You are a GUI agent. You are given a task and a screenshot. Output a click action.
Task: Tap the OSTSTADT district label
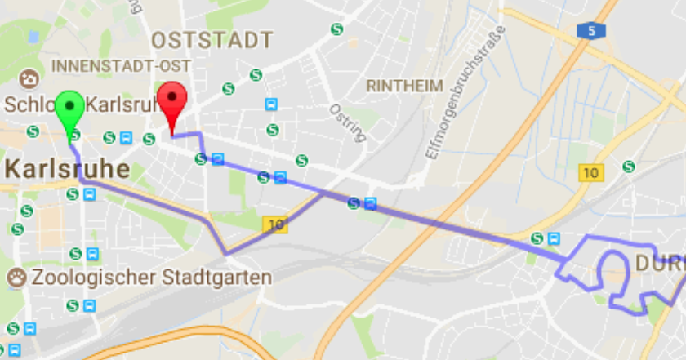point(212,39)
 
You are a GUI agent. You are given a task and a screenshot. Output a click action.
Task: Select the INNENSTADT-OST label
point(120,65)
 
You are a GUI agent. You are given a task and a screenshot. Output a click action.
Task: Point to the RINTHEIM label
point(405,86)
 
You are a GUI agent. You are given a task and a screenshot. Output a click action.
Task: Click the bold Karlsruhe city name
point(67,170)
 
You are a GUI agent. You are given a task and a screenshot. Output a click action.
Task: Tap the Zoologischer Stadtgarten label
point(151,278)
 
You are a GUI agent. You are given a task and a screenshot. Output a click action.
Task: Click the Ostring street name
point(346,122)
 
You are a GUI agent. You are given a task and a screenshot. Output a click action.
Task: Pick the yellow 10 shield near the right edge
point(590,172)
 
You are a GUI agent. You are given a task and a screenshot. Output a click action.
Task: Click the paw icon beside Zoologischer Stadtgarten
point(17,278)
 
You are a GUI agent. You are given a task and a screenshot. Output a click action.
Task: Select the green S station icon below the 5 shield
point(628,167)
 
